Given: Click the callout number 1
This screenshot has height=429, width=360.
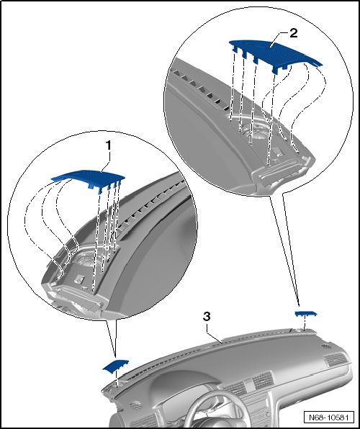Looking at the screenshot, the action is (109, 145).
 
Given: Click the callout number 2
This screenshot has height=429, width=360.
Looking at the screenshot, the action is (293, 33).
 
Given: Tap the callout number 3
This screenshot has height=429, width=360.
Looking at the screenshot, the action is (207, 317).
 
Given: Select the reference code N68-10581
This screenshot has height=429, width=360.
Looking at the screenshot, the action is (328, 417).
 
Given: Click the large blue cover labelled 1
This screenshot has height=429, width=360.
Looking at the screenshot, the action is (88, 178).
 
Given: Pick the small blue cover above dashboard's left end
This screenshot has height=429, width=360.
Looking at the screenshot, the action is (115, 366).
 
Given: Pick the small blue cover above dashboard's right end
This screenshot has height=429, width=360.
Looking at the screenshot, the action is (306, 314).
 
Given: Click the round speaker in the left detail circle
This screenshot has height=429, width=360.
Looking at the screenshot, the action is (87, 259).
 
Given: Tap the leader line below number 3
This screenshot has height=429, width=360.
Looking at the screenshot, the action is (214, 334).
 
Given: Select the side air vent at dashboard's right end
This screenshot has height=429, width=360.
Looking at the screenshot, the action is (335, 360).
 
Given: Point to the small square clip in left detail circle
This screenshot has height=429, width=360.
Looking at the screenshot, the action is (79, 279).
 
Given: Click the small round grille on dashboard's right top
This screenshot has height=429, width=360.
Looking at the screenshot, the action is (326, 346).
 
